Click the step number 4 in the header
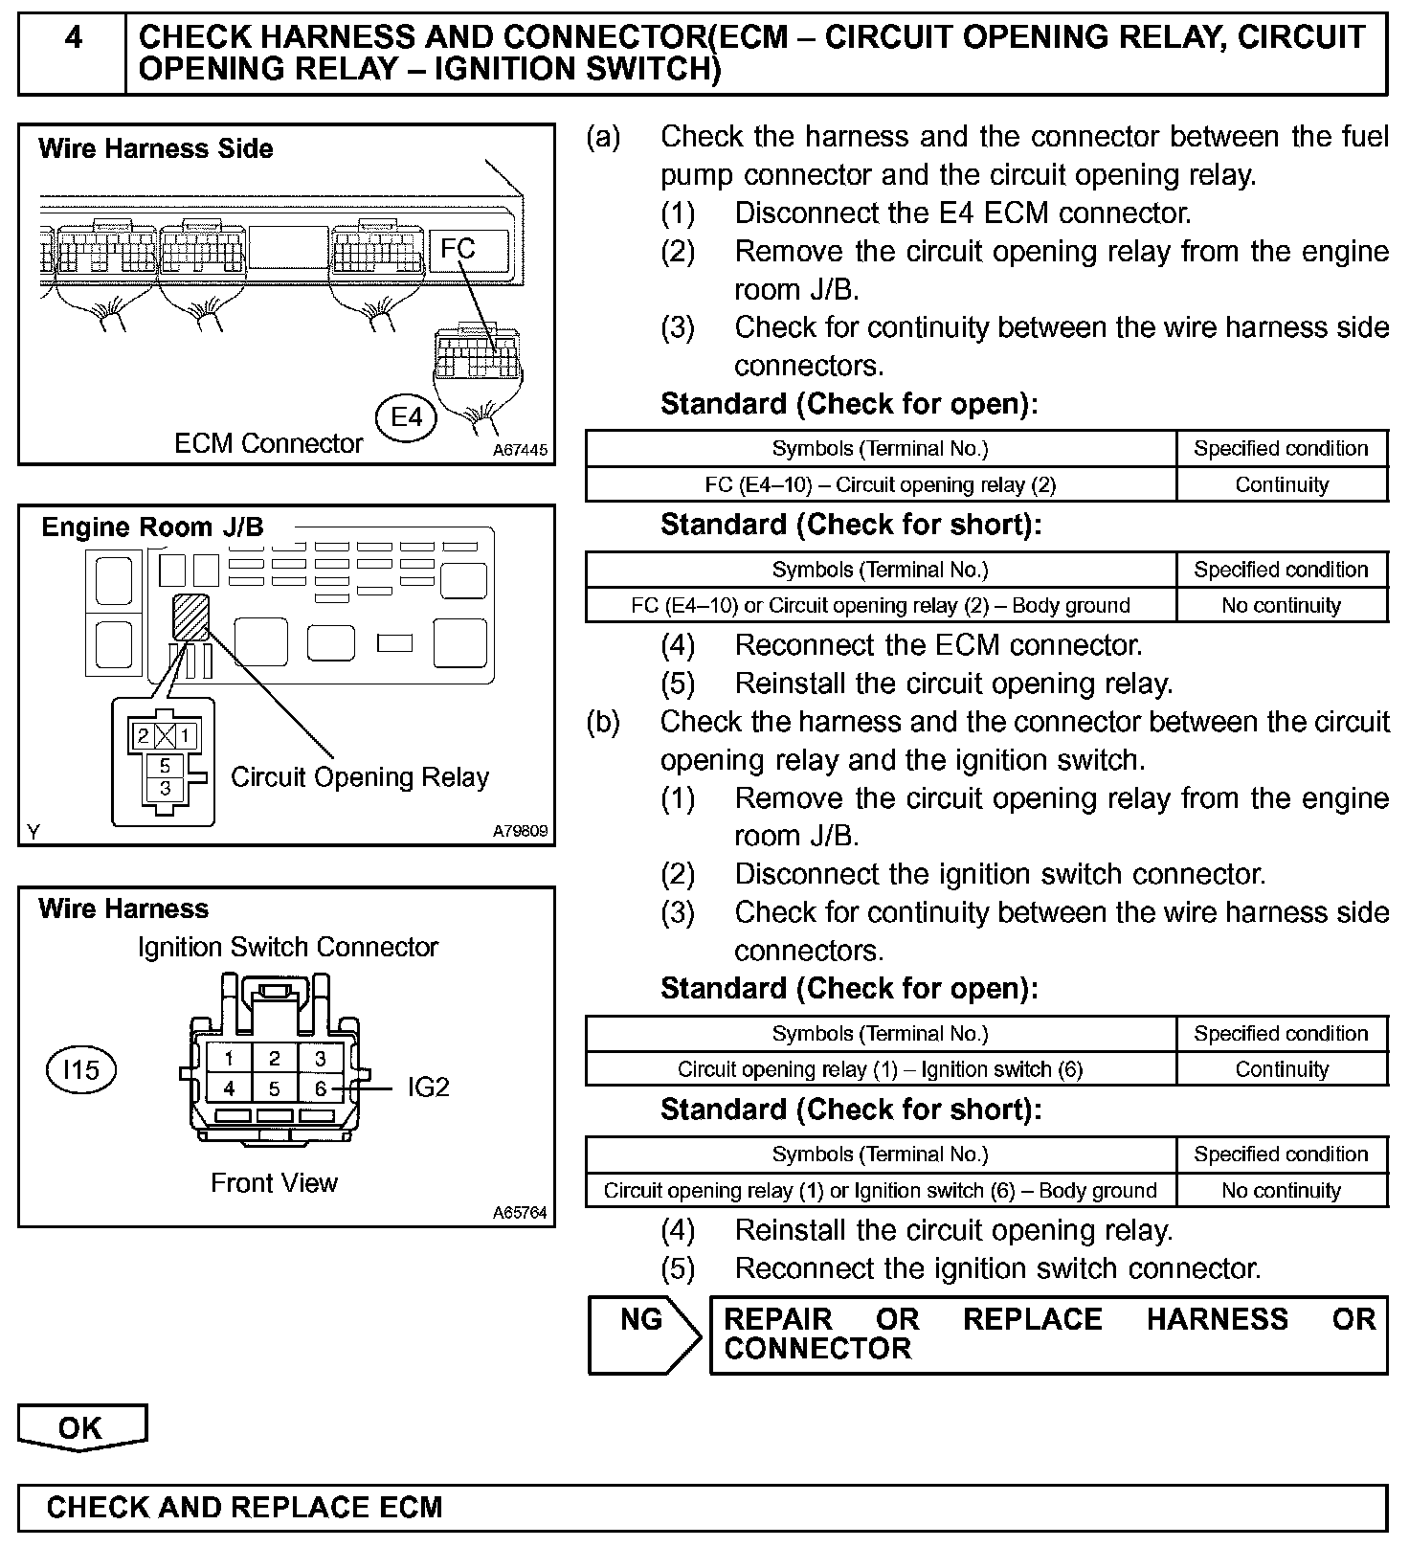pyautogui.click(x=73, y=38)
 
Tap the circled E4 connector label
pyautogui.click(x=406, y=417)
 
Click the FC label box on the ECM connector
pyautogui.click(x=458, y=249)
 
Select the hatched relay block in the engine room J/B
pyautogui.click(x=190, y=617)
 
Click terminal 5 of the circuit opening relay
pyautogui.click(x=166, y=766)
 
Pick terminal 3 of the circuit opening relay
pyautogui.click(x=166, y=788)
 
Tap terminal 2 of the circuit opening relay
pyautogui.click(x=143, y=736)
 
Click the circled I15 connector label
pyautogui.click(x=80, y=1069)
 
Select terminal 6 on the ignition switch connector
pyautogui.click(x=321, y=1088)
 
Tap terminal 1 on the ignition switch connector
pyautogui.click(x=229, y=1058)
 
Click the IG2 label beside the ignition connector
pyautogui.click(x=428, y=1087)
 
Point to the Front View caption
pyautogui.click(x=274, y=1183)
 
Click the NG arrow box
pyautogui.click(x=642, y=1334)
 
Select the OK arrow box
pyautogui.click(x=81, y=1427)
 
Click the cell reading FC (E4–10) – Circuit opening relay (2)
pyautogui.click(x=880, y=484)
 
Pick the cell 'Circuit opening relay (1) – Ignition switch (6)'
pyautogui.click(x=880, y=1069)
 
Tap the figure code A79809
pyautogui.click(x=520, y=831)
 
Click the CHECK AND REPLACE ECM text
pyautogui.click(x=244, y=1508)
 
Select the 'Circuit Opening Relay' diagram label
pyautogui.click(x=360, y=777)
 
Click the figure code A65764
pyautogui.click(x=520, y=1213)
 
